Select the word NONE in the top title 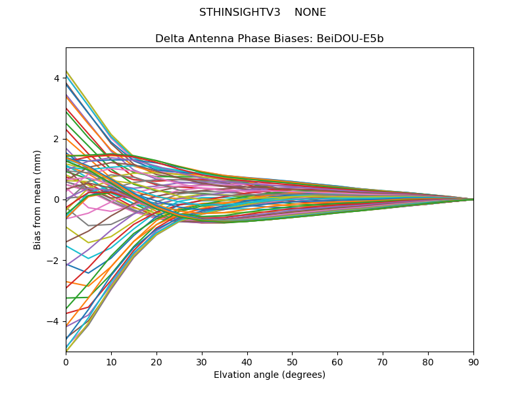(310, 13)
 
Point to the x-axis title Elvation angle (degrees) (270, 375)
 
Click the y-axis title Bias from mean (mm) (38, 199)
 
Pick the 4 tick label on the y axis (57, 78)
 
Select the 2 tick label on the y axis (57, 139)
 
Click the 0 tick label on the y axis (57, 199)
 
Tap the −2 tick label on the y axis (54, 261)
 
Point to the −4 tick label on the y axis (54, 321)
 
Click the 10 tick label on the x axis (111, 361)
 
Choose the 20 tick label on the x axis (156, 361)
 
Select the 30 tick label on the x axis (202, 361)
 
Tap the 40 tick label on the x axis (247, 361)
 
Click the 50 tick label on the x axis (292, 361)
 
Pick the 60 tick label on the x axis (337, 361)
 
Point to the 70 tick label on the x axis (383, 361)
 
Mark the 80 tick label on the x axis (428, 361)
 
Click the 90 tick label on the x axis (473, 361)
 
